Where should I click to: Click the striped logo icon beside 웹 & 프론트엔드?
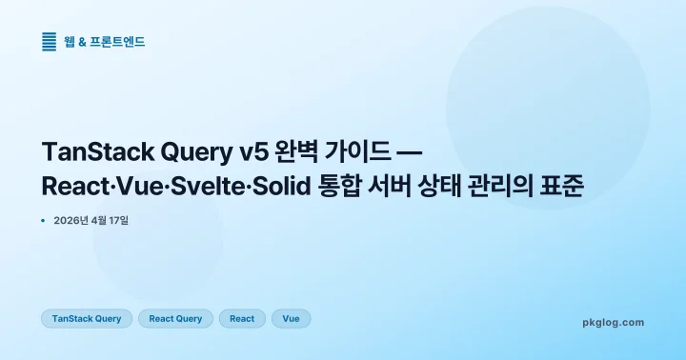50,41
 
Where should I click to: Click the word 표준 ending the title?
563,186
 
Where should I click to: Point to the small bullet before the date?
44,220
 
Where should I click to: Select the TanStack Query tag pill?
87,318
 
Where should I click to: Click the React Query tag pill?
175,318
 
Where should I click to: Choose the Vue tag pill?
291,318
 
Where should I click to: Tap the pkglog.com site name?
613,322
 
